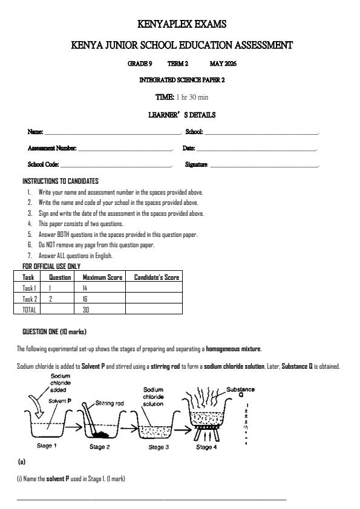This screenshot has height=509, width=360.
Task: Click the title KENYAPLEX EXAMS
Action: pos(182,24)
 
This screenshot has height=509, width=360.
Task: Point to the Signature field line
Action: pos(264,165)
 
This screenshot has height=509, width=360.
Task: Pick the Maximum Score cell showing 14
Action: pos(85,288)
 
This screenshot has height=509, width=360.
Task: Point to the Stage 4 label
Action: pos(205,447)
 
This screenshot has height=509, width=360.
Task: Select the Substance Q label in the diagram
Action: pos(240,393)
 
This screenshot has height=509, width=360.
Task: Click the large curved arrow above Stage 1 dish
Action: pos(35,410)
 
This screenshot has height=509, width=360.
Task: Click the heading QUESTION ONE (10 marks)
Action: pos(54,332)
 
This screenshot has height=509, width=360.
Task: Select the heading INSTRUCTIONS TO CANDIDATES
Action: pos(61,181)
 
